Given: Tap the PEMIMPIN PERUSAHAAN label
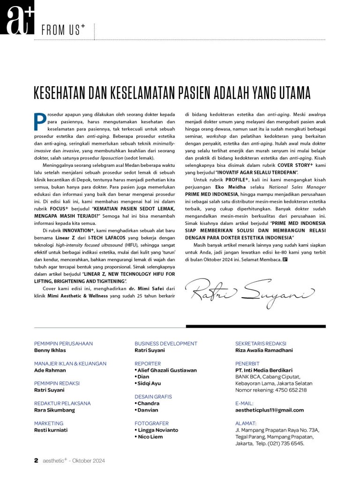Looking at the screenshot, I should [63, 344].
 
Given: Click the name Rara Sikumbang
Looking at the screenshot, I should [54, 410].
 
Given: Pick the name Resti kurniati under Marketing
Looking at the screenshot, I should [51, 429].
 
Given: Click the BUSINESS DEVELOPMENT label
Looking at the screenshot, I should [165, 344].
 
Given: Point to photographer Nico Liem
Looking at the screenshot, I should [151, 436].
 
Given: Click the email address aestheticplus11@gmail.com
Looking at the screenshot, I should [269, 410].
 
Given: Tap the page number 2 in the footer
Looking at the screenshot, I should [36, 460].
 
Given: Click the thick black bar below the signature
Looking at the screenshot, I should [255, 326].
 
